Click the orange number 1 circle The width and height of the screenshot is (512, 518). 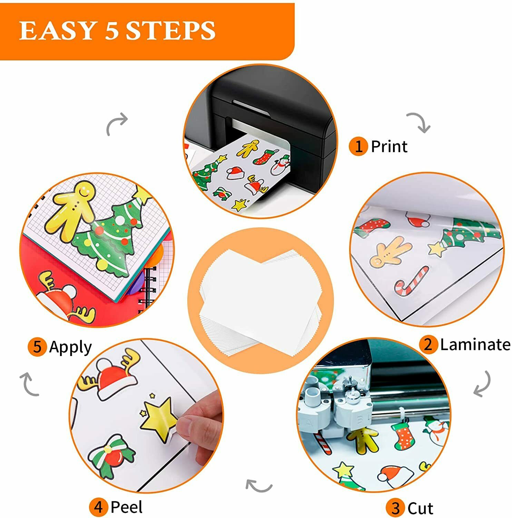(358, 146)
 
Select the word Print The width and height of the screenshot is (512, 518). (389, 146)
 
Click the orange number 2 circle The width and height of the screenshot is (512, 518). (428, 344)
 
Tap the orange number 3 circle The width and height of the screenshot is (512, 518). (395, 508)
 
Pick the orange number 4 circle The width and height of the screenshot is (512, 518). (99, 507)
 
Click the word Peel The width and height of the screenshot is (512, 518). (126, 507)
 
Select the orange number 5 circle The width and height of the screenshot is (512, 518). (37, 346)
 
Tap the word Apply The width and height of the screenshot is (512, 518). (70, 347)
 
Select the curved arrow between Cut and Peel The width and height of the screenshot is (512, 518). (259, 486)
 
